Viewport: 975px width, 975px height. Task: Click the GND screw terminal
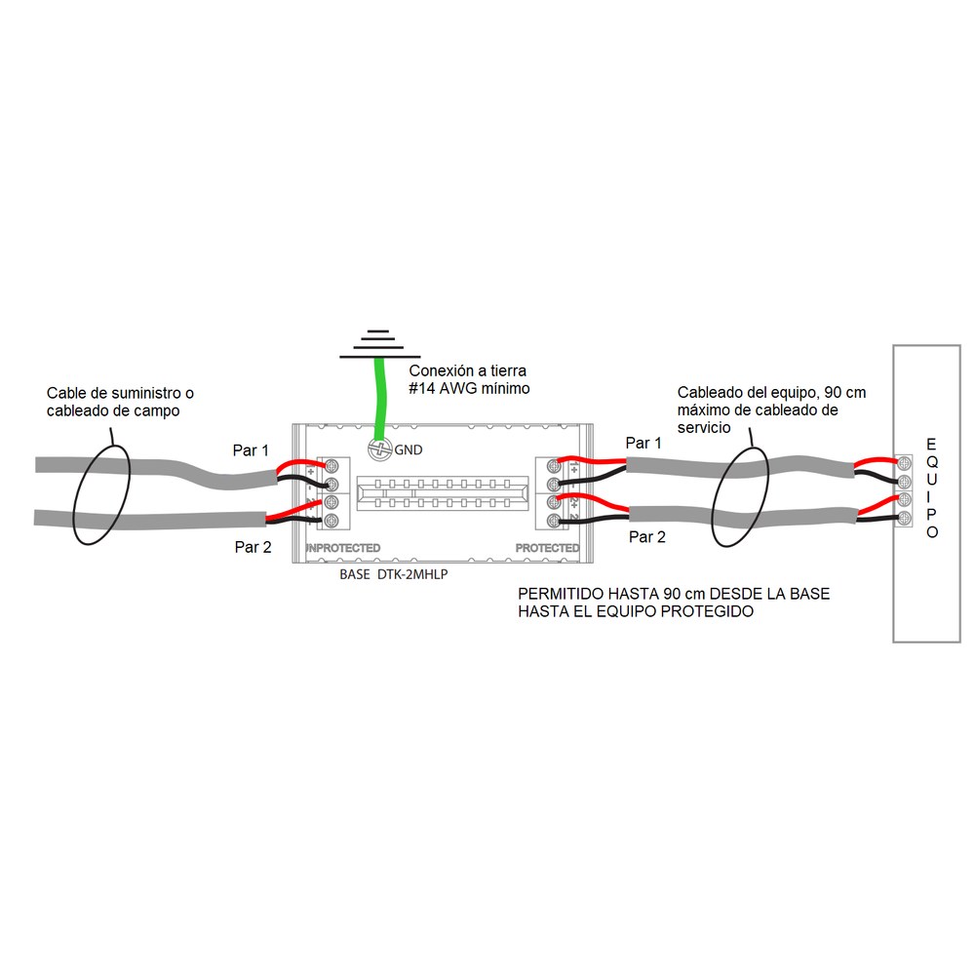pos(379,449)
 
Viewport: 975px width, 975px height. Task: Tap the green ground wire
pos(378,398)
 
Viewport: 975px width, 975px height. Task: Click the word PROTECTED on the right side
pos(547,548)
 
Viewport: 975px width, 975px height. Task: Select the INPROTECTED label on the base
pos(342,548)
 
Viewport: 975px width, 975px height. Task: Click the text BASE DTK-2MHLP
pos(394,574)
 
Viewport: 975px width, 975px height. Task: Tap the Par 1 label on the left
pos(251,450)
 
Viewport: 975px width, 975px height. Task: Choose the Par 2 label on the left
pos(253,547)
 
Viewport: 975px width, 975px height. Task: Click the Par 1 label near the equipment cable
pos(643,443)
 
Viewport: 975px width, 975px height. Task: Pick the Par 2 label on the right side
pos(647,536)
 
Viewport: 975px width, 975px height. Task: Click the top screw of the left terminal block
pos(331,466)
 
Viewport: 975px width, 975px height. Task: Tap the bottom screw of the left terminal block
pos(331,521)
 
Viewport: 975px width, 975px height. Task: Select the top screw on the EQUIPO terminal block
pos(904,463)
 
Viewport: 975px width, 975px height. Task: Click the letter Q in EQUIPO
pos(931,462)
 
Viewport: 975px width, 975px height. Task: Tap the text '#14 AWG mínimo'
pos(470,389)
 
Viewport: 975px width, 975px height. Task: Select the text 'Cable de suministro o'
pos(120,393)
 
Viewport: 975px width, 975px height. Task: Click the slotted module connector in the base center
pos(442,493)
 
